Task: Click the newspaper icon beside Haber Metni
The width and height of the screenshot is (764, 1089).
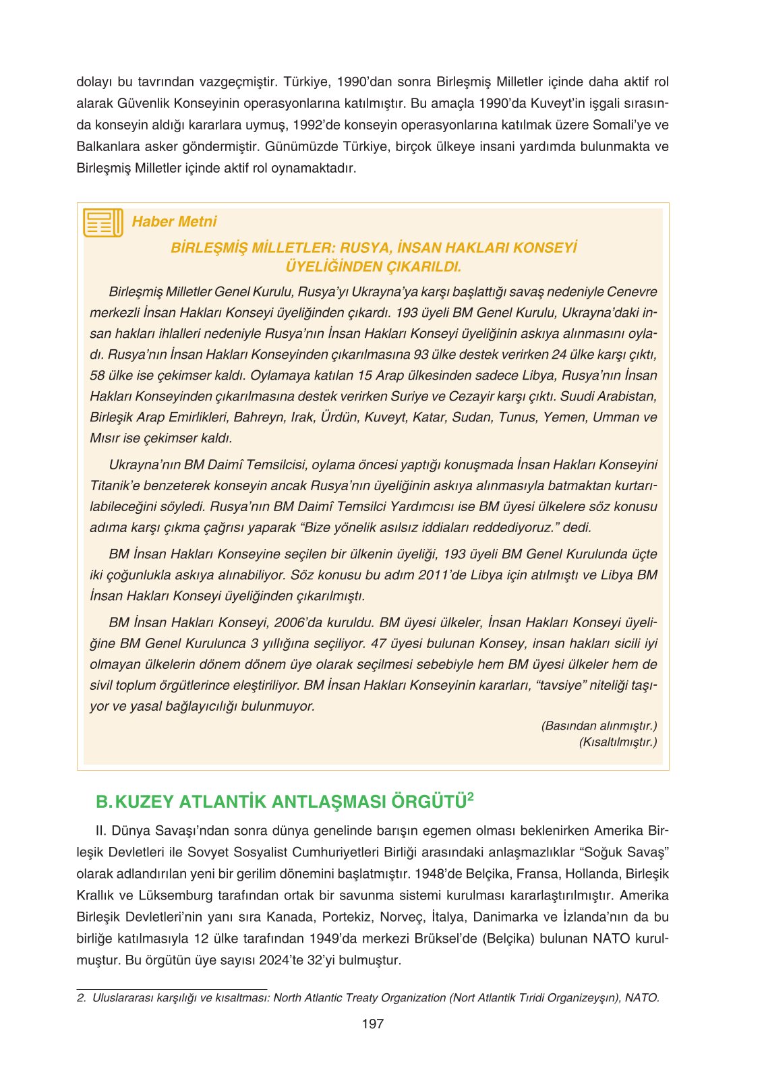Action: point(103,223)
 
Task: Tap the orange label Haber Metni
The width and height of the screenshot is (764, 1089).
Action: point(174,222)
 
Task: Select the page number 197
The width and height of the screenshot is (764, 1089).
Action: point(372,1024)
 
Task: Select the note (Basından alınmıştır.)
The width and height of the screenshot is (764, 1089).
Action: point(599,726)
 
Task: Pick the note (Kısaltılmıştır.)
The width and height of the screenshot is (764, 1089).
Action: point(618,742)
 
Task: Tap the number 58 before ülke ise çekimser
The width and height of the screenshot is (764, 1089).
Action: point(97,376)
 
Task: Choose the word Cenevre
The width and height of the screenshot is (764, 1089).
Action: point(632,292)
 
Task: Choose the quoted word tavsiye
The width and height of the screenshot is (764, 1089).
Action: point(560,685)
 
